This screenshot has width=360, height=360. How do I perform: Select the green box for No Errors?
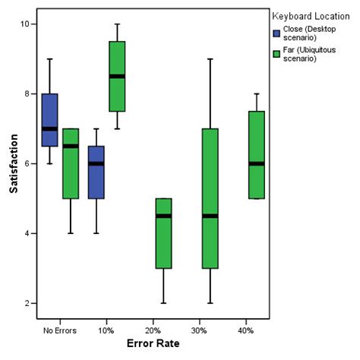tap(71, 163)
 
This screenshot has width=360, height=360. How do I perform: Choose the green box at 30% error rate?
tap(210, 198)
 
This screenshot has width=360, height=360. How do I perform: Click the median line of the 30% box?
tap(210, 216)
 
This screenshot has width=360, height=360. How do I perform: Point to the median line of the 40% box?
tap(257, 163)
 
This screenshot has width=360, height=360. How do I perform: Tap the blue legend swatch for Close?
tap(277, 33)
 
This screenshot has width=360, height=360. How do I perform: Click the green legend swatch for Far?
tap(277, 52)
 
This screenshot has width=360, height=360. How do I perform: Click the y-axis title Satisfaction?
tap(14, 163)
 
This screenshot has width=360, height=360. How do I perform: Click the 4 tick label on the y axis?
tap(27, 234)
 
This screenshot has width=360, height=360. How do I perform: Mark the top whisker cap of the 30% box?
tap(210, 58)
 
